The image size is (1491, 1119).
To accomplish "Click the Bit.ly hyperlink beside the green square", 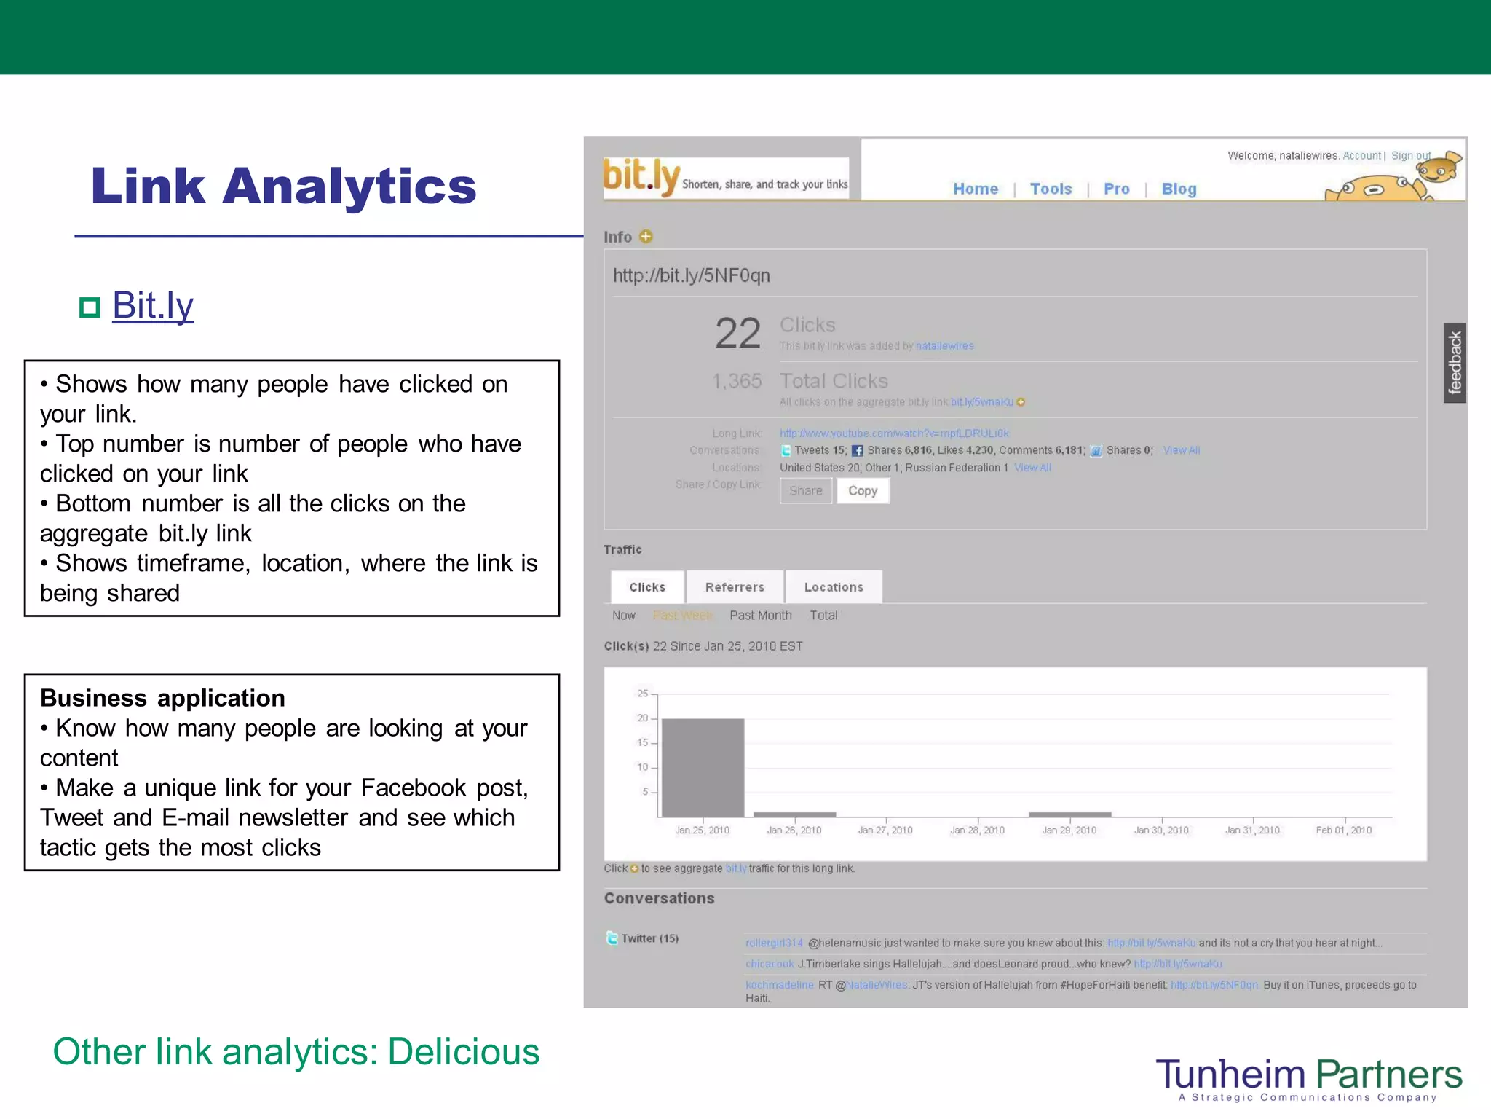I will (153, 305).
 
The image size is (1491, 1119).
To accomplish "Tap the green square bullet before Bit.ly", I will (90, 307).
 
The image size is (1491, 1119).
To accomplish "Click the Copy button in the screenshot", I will (863, 491).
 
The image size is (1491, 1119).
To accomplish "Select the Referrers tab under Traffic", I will (735, 587).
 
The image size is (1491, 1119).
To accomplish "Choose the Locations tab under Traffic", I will (834, 587).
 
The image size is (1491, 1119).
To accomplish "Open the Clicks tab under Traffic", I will (647, 587).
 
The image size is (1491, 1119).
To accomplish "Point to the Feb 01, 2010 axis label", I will (1343, 831).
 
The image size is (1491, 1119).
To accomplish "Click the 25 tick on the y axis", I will (642, 694).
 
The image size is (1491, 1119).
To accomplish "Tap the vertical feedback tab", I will (1455, 363).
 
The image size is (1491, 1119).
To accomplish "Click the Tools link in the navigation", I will (1051, 189).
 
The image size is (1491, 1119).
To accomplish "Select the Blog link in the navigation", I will (1179, 189).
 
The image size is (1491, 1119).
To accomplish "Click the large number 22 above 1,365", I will (737, 334).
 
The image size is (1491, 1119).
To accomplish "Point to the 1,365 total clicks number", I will (737, 381).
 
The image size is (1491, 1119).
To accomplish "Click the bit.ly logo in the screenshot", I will (641, 177).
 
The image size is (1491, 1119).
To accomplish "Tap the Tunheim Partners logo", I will (1308, 1077).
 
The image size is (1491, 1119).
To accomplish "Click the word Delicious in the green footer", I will (464, 1052).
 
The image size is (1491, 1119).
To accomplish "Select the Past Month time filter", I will (760, 616).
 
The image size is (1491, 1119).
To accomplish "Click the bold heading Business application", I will (162, 698).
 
